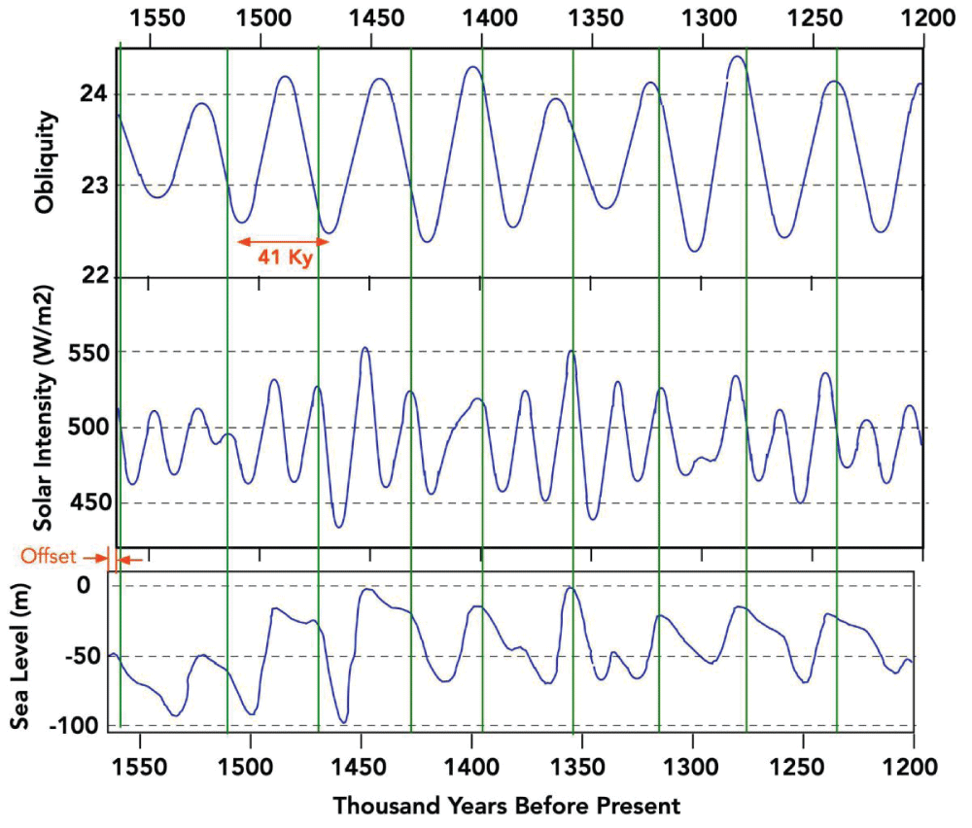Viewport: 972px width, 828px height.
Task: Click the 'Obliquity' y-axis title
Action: pyautogui.click(x=45, y=161)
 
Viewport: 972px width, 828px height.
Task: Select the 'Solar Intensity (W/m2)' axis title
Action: pyautogui.click(x=45, y=408)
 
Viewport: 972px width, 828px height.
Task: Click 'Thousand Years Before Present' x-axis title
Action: pyautogui.click(x=506, y=806)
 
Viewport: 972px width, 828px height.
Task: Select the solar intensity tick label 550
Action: pyautogui.click(x=90, y=351)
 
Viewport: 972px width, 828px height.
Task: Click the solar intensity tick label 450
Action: pyautogui.click(x=90, y=502)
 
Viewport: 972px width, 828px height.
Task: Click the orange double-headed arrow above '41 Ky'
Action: pyautogui.click(x=280, y=241)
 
